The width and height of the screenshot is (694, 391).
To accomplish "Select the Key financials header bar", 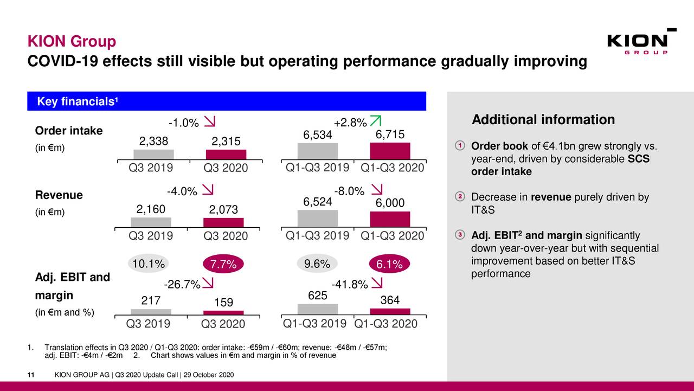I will (227, 101).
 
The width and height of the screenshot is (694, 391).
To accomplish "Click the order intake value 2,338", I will (154, 141).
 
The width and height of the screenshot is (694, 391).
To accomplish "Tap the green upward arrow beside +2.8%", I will (375, 123).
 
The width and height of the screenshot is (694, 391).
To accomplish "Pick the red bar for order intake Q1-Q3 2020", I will (390, 151).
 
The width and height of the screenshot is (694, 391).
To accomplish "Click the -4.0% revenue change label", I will (181, 191).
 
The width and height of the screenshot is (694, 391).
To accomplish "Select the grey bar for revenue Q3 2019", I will (151, 222).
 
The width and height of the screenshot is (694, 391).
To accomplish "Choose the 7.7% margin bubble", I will (223, 264).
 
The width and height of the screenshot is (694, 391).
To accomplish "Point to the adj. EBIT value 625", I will (317, 296).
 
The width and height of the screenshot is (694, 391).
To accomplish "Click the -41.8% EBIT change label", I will (350, 285).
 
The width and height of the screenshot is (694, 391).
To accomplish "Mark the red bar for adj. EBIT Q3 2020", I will (223, 312).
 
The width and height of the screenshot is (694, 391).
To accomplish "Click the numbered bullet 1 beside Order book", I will (459, 146).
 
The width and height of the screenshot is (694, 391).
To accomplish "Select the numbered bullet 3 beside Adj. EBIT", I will (459, 234).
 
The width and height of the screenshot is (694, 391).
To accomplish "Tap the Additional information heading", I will (543, 120).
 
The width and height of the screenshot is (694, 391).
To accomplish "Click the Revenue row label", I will (59, 195).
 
